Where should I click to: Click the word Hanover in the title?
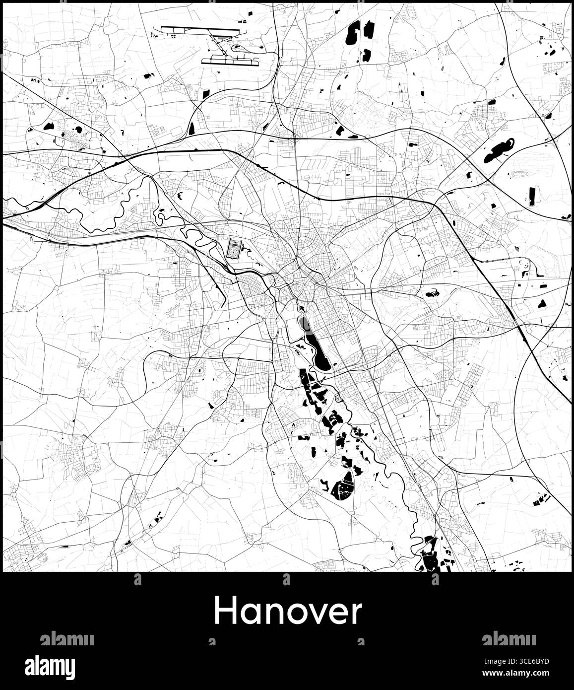click(x=288, y=612)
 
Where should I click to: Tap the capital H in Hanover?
click(x=224, y=611)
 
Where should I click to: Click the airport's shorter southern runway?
click(x=230, y=62)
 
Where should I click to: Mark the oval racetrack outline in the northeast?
click(x=520, y=174)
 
